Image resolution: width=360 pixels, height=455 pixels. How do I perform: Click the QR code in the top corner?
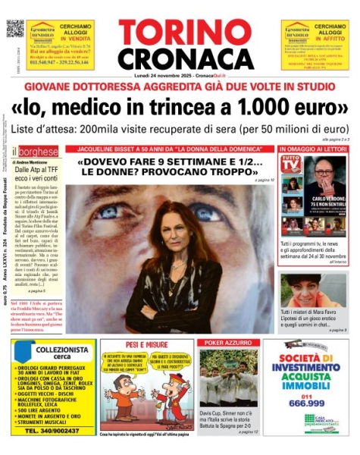(15, 28)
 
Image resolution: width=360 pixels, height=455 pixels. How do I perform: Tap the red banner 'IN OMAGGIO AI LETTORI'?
(314, 149)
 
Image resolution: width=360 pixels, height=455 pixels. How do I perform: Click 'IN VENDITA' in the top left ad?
(78, 35)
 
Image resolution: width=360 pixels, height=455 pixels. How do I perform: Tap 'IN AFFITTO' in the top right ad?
(331, 35)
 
